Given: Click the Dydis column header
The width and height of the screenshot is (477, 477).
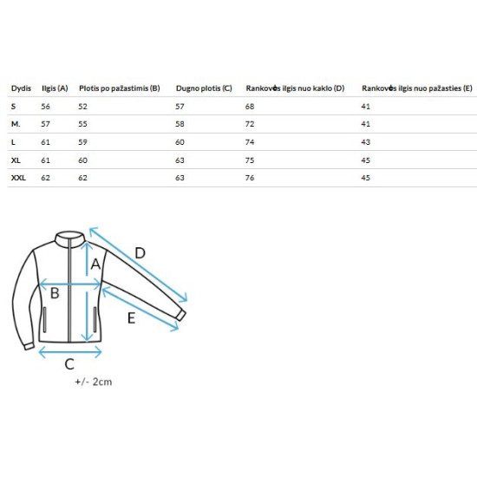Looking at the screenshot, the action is click(21, 88).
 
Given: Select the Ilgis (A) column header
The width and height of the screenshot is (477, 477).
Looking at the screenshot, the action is click(55, 88).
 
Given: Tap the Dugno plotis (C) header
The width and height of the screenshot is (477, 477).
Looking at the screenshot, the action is click(204, 88).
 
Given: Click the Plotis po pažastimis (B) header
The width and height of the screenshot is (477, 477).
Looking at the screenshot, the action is click(120, 88).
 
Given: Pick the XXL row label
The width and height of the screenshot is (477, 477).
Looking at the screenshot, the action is click(18, 178).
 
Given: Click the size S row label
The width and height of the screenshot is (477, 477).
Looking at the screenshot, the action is click(13, 107).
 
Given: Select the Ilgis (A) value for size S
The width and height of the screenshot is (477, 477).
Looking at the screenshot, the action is click(45, 107).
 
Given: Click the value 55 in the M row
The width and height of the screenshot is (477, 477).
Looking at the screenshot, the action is click(82, 124).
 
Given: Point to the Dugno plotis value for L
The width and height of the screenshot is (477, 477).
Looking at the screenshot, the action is click(180, 142).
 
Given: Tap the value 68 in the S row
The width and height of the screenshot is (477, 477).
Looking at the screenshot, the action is click(250, 107).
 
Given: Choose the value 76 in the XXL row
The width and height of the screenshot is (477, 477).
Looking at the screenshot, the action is click(250, 178).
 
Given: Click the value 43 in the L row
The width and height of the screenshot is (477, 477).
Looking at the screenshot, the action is click(366, 142).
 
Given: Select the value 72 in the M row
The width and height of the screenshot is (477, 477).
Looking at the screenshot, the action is click(250, 124).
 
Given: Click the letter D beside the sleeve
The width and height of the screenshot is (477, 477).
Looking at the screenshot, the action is click(140, 253).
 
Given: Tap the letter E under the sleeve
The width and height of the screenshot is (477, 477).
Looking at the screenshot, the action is click(131, 318).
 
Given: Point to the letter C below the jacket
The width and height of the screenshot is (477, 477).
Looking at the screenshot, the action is click(69, 364).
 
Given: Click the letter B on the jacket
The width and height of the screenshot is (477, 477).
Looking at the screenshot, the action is click(55, 293).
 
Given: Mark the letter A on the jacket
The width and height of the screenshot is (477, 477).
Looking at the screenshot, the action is click(95, 264).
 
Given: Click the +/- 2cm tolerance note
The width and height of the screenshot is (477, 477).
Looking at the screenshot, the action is click(94, 382).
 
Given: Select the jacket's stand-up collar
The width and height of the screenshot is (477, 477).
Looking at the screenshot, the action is click(69, 238).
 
